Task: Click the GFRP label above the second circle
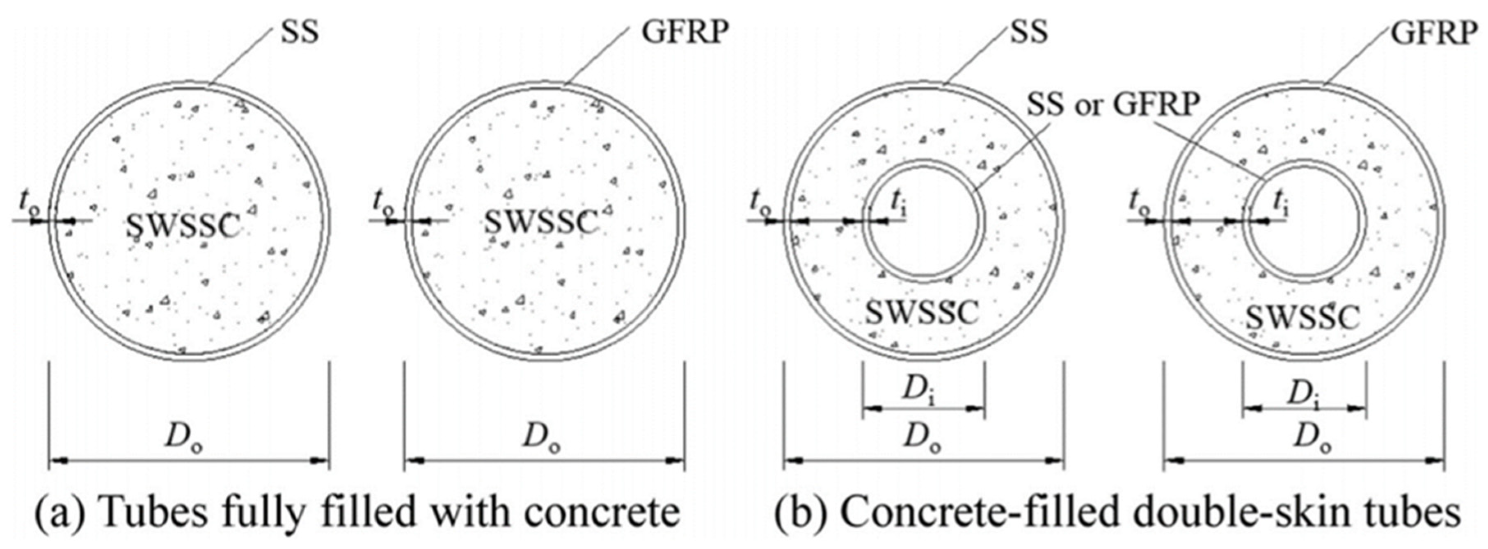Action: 685,34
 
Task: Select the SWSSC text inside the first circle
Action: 183,226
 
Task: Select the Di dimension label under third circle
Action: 923,392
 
